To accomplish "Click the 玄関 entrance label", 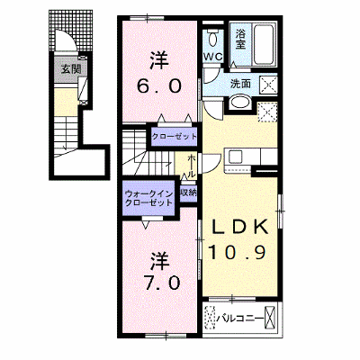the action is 71,69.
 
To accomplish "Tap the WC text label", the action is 213,56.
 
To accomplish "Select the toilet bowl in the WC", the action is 212,38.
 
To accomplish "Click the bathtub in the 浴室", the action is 265,44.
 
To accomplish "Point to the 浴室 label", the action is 240,39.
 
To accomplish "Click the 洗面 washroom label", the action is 240,84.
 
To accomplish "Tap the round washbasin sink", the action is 240,103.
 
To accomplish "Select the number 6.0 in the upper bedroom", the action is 158,86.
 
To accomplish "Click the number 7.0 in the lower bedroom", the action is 162,283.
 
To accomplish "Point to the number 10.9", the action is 237,251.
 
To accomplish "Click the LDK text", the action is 239,228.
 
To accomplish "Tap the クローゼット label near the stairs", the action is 174,137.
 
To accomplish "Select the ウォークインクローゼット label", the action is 149,198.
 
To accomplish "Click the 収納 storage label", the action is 188,193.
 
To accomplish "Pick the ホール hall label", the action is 192,166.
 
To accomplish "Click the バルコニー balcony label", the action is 239,318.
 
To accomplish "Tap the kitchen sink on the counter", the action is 235,157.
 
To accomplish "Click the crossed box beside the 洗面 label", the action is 268,85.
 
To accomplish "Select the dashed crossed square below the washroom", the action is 268,112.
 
